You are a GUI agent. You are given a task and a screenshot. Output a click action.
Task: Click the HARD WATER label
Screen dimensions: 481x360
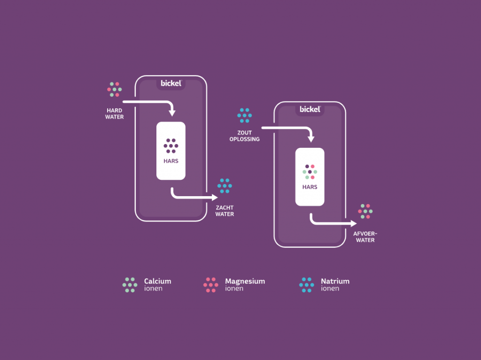coord(115,114)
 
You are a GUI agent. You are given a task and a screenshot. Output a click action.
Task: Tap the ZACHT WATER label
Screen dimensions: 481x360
coord(225,211)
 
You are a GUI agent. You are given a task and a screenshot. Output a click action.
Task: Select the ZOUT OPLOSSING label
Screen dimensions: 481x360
coord(244,136)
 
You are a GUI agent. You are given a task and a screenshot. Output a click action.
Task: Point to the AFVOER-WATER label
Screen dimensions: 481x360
coord(365,237)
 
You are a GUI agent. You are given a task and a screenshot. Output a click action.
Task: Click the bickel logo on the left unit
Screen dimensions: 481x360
coord(171,83)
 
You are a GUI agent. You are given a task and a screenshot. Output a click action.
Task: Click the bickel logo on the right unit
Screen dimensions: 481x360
coord(310,109)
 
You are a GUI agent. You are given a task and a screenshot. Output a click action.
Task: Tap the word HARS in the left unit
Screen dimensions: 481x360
coord(171,161)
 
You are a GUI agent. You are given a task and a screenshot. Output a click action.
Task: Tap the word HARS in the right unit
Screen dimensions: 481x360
coord(310,187)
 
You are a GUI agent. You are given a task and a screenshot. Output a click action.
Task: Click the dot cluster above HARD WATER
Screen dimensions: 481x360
coord(115,89)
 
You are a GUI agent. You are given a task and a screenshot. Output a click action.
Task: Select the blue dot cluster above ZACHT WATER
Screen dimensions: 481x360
coord(225,186)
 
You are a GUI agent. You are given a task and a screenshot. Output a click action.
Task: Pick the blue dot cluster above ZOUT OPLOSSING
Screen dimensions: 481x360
coord(244,115)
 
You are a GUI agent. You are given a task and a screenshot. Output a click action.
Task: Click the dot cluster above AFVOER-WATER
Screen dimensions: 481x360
coord(365,211)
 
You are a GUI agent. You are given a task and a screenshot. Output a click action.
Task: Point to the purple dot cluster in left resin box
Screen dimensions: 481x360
coord(171,146)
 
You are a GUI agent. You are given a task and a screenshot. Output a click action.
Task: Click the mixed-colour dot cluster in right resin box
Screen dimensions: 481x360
coord(310,172)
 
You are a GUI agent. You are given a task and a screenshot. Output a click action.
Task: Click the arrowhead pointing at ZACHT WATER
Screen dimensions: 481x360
coord(215,198)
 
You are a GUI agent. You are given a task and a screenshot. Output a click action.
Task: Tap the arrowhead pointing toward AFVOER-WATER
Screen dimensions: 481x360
coord(354,223)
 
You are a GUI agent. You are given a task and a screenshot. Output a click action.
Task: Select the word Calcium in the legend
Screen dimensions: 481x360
coord(158,281)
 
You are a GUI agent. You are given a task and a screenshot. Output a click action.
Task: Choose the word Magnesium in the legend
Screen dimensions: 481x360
coord(245,282)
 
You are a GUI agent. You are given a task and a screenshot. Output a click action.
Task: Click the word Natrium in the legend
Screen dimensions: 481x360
coord(335,281)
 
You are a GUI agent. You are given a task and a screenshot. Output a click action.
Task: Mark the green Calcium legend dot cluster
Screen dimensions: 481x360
coord(130,285)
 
